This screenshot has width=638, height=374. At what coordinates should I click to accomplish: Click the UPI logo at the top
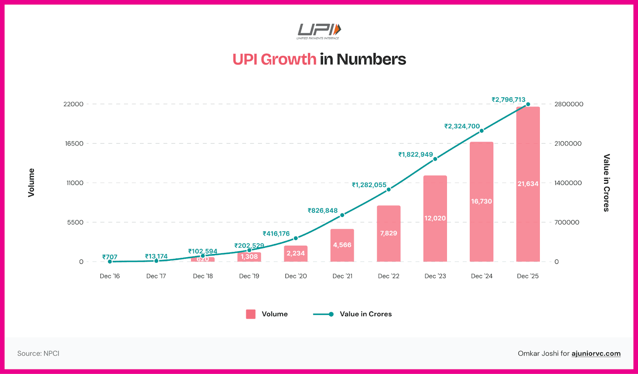pyautogui.click(x=319, y=31)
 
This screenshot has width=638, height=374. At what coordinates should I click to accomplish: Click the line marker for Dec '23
pyautogui.click(x=435, y=159)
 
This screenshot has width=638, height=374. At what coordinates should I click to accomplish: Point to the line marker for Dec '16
pyautogui.click(x=110, y=262)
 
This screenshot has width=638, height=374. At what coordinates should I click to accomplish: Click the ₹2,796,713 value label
pyautogui.click(x=508, y=100)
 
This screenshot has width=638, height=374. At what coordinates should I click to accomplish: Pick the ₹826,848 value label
pyautogui.click(x=323, y=211)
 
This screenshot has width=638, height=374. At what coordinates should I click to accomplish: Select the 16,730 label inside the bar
pyautogui.click(x=481, y=201)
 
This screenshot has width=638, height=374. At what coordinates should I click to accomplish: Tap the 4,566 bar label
pyautogui.click(x=342, y=245)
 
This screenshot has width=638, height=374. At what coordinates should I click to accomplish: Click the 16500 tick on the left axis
pyautogui.click(x=75, y=144)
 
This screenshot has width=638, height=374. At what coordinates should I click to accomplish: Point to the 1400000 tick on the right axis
pyautogui.click(x=568, y=183)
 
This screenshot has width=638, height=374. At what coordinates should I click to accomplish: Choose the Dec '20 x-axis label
pyautogui.click(x=296, y=276)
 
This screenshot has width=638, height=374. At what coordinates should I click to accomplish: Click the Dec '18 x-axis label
pyautogui.click(x=203, y=276)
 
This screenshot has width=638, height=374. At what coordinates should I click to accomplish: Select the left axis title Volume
pyautogui.click(x=31, y=183)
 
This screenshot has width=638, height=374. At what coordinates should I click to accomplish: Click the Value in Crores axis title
pyautogui.click(x=606, y=183)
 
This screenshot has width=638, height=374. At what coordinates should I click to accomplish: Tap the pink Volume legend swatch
pyautogui.click(x=251, y=314)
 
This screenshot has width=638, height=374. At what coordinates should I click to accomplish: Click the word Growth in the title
pyautogui.click(x=288, y=59)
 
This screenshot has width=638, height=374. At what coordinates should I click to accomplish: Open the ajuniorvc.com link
pyautogui.click(x=596, y=353)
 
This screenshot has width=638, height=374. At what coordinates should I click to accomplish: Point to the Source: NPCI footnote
pyautogui.click(x=38, y=353)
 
